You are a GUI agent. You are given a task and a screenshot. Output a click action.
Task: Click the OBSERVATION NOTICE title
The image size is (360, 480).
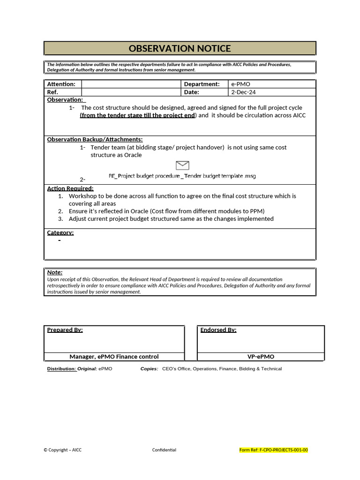[180, 49]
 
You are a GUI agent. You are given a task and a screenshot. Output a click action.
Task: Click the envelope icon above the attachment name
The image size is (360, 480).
[182, 165]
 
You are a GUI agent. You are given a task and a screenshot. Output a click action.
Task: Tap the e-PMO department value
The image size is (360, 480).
[240, 84]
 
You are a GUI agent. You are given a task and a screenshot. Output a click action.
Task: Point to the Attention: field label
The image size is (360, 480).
[61, 84]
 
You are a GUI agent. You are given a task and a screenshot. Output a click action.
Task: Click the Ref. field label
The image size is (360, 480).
[52, 92]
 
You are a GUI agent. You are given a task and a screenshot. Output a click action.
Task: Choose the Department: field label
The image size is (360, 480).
[202, 84]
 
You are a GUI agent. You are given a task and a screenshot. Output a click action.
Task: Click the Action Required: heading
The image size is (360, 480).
[70, 188]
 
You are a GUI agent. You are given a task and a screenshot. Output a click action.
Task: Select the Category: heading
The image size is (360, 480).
[60, 232]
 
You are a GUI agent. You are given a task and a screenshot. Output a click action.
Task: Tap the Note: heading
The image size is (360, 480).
[55, 272]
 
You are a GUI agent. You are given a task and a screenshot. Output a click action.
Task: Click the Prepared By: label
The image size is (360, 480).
[65, 330]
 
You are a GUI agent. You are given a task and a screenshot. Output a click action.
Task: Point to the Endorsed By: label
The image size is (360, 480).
[218, 330]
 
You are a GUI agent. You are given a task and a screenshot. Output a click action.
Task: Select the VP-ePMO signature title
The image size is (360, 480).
[261, 357]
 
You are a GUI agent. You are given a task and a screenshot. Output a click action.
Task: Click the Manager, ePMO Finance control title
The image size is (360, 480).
[114, 357]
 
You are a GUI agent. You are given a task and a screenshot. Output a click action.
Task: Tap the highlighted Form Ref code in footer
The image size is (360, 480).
[274, 450]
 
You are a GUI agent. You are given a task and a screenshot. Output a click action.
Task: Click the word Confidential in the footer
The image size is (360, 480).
[164, 450]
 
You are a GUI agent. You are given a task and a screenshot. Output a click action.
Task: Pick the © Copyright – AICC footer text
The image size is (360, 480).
[62, 450]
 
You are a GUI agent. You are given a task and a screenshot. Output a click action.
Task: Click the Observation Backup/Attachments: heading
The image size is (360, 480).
[95, 139]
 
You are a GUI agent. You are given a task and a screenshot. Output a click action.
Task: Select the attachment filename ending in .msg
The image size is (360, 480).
[182, 176]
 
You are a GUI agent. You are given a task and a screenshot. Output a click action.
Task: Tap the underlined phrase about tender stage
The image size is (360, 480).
[137, 115]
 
